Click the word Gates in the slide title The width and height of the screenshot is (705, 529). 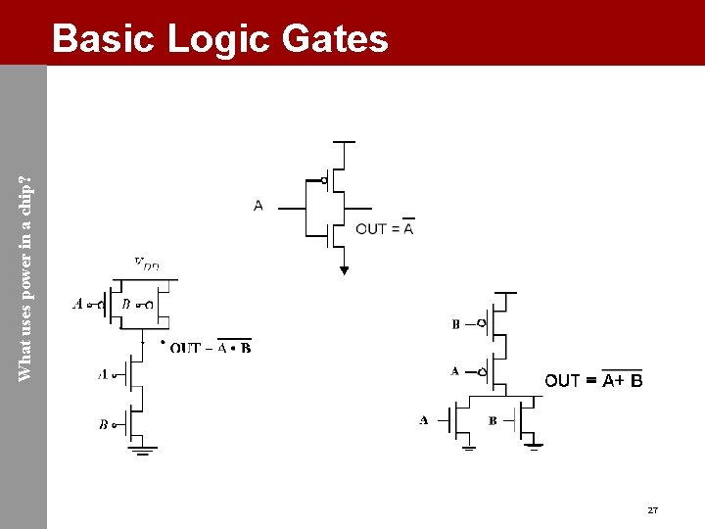(x=336, y=39)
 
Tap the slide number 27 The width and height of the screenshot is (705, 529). (x=653, y=510)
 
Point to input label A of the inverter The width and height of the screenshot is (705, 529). (x=258, y=206)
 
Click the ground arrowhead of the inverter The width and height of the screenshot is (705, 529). (x=344, y=270)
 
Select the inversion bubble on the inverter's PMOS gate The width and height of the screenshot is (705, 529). (x=324, y=180)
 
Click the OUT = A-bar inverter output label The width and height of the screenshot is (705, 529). (x=385, y=228)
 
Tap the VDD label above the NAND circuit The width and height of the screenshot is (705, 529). (x=147, y=263)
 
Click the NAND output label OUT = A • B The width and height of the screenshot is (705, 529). (x=211, y=347)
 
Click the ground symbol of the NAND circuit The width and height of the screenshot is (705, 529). (x=144, y=451)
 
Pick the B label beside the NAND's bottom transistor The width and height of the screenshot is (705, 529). (x=103, y=424)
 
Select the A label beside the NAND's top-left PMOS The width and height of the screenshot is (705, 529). (x=78, y=304)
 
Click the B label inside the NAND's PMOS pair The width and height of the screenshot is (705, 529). (x=126, y=304)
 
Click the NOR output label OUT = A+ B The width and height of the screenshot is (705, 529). (x=593, y=380)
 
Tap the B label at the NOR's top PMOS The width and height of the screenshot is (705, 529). (x=456, y=324)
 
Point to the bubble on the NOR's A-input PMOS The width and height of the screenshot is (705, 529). (x=481, y=372)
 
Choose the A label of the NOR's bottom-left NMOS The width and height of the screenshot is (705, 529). (x=424, y=420)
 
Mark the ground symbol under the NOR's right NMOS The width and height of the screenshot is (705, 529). (x=534, y=448)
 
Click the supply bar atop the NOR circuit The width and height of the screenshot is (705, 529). (x=505, y=292)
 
